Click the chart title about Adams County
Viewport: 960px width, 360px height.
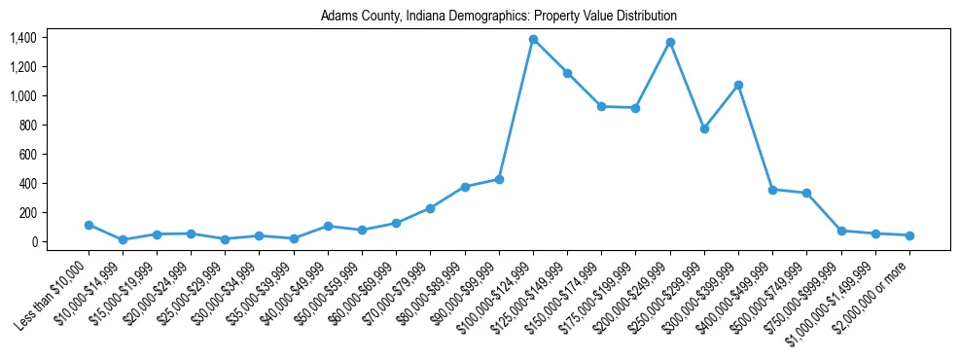click(498, 17)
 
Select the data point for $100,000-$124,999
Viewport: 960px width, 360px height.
click(533, 40)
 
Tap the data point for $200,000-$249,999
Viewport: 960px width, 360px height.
click(670, 43)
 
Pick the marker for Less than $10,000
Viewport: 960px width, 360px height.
click(89, 225)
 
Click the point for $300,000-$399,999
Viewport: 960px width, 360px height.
click(738, 86)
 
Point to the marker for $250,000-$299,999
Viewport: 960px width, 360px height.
click(704, 128)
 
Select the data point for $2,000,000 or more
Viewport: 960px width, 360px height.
click(909, 235)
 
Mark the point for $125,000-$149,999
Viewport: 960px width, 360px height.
click(567, 73)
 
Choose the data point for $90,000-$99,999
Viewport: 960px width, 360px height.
click(499, 179)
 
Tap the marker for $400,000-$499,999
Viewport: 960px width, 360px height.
click(772, 190)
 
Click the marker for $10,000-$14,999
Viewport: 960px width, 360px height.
click(123, 239)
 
